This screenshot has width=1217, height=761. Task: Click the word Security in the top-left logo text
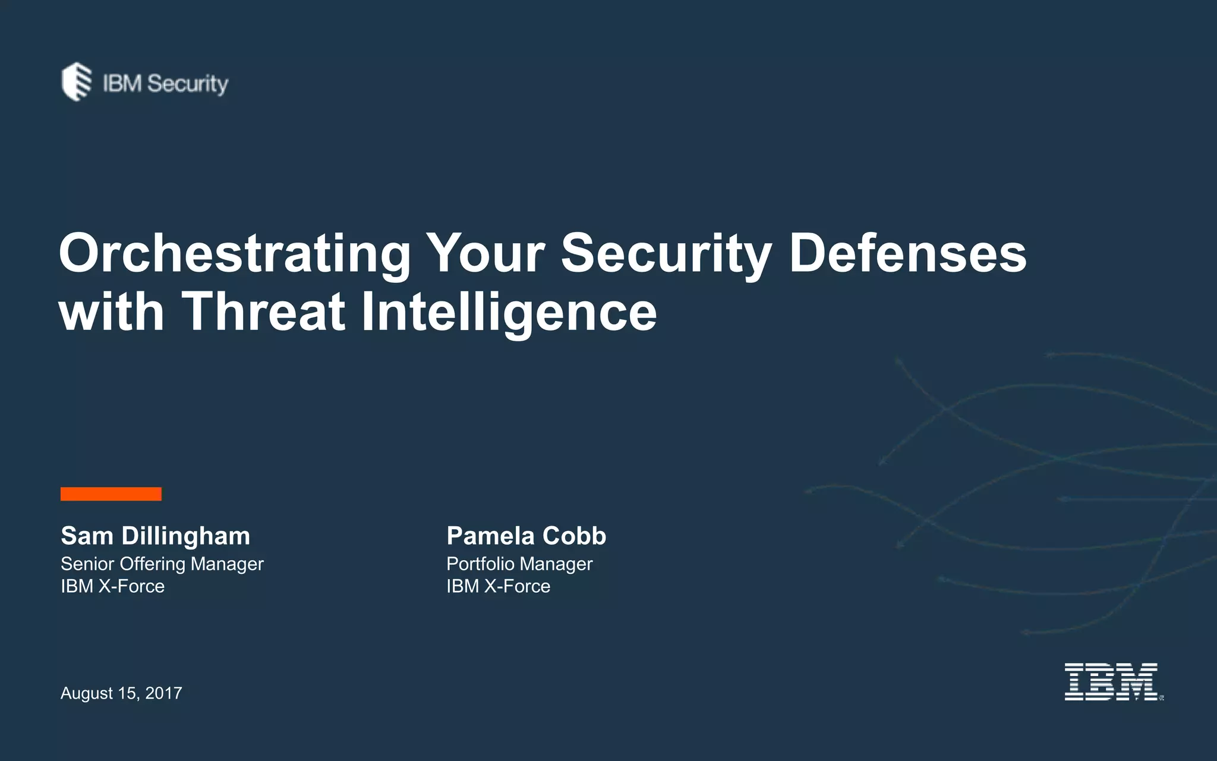[x=187, y=84]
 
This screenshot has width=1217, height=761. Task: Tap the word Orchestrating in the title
[x=235, y=254]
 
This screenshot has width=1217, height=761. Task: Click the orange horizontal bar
[x=111, y=494]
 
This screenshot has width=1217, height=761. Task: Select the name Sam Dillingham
[x=155, y=536]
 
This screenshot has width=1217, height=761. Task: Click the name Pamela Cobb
[x=526, y=536]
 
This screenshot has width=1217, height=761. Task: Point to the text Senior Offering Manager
[x=162, y=564]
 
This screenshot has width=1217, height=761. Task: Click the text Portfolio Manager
[x=519, y=564]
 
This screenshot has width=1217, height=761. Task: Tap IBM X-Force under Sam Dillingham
[x=112, y=586]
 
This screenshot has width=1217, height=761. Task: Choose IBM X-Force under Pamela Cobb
[x=498, y=586]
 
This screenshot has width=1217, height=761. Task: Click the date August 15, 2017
[x=121, y=693]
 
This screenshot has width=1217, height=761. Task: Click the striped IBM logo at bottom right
[x=1111, y=682]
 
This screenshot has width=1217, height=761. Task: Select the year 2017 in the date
[x=163, y=693]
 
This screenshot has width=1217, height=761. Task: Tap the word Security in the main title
[x=666, y=254]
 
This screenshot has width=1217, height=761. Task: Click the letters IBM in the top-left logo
[x=122, y=84]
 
